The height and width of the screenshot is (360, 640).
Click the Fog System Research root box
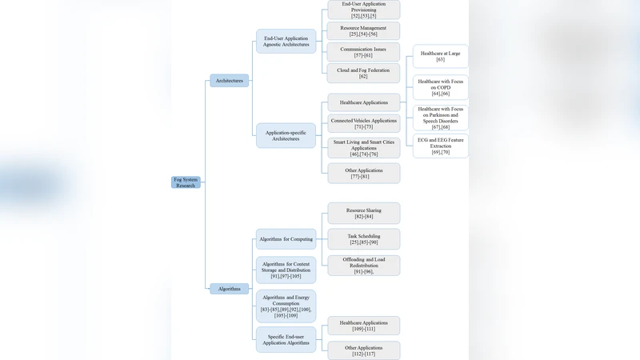186,182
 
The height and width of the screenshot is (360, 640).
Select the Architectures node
230,81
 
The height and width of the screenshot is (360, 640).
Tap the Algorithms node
230,289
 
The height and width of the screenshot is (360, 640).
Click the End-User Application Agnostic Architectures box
286,42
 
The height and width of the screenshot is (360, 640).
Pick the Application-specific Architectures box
286,135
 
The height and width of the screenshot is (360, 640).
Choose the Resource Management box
363,31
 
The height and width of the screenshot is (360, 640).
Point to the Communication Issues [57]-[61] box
363,53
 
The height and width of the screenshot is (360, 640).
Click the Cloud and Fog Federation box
363,73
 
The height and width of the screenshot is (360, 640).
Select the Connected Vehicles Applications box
363,123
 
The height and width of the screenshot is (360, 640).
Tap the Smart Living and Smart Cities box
363,148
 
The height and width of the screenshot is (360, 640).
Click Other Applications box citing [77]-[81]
363,174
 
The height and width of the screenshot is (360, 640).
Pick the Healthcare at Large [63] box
441,56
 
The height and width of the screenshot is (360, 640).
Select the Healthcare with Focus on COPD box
441,87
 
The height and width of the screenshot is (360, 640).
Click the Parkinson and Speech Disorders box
441,118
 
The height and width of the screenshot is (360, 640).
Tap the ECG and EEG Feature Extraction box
441,146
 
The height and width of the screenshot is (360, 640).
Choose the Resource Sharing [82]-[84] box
363,213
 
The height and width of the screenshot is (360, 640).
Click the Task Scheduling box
363,239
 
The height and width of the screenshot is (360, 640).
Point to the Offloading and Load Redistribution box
363,266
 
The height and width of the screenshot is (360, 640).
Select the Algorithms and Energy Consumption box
286,306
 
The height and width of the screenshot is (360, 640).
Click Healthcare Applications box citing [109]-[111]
363,326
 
